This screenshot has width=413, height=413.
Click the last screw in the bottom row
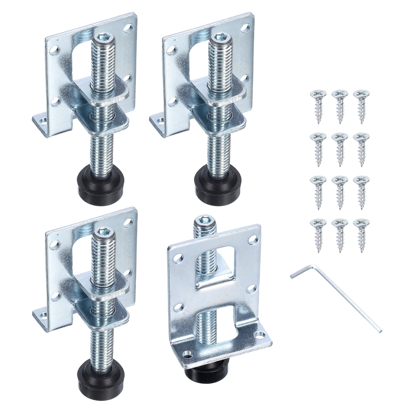(361, 232)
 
